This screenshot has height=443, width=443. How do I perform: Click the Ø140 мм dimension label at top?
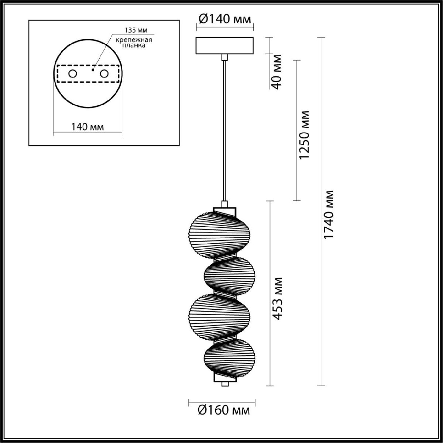[x=224, y=20]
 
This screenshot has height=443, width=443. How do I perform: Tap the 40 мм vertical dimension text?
[x=277, y=72]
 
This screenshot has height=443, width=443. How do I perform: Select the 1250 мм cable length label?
[x=304, y=135]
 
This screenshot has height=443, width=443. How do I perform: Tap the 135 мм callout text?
[x=136, y=30]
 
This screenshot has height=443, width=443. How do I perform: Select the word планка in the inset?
[x=134, y=45]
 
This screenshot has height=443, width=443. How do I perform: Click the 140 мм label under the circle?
[x=87, y=127]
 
